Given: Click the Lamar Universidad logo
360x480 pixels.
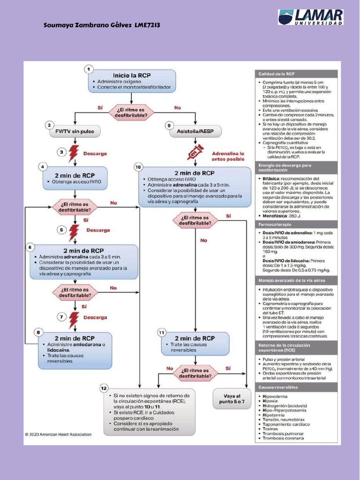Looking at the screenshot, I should (310, 17).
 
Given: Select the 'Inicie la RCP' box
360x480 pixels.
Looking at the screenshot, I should (132, 81).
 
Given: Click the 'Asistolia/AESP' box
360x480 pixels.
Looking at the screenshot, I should (195, 132).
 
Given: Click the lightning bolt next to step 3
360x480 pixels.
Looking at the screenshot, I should (74, 153).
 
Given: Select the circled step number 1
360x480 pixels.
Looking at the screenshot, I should (88, 69).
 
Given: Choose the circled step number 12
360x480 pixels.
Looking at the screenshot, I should (104, 388).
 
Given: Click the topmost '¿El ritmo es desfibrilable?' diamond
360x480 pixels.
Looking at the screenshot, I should (132, 111).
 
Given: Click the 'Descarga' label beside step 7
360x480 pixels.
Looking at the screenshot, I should (95, 317).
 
